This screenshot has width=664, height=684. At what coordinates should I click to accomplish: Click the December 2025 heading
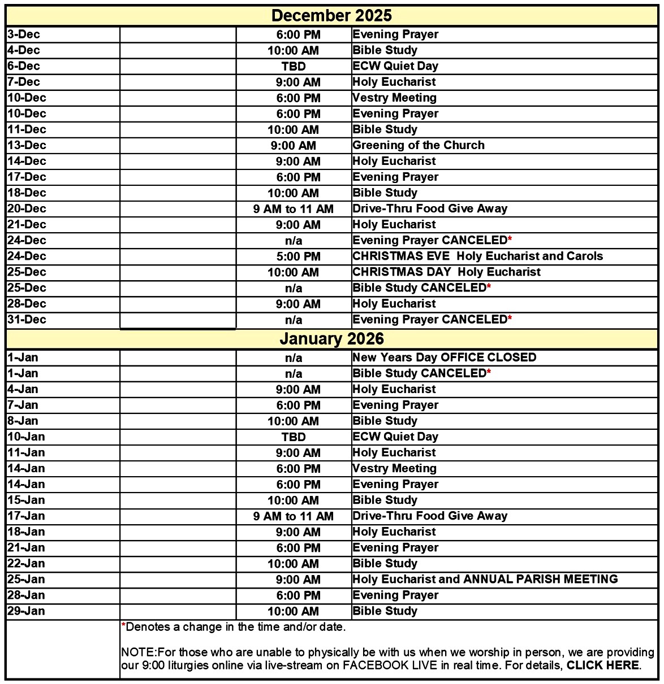point(331,15)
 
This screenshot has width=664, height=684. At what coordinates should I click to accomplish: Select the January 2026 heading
point(331,339)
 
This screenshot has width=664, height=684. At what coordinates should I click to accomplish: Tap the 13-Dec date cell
point(27,145)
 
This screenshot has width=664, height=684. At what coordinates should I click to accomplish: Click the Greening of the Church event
point(419,145)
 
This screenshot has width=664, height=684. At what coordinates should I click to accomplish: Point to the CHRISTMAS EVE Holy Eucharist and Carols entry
point(477,256)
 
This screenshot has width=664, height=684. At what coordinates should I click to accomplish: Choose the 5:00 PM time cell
point(298,256)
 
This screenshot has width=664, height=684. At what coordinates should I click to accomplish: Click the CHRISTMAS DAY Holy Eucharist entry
point(446,272)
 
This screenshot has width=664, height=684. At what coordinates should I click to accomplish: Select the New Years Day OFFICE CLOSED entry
point(444,358)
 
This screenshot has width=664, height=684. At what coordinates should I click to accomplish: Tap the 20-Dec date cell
point(27,208)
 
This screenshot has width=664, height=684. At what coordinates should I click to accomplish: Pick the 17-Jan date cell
point(26,516)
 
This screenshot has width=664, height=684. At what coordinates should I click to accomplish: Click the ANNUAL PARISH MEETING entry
point(540,579)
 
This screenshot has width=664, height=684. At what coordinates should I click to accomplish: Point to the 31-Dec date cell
point(27,319)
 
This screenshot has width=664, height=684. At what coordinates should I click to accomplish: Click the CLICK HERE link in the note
point(603,665)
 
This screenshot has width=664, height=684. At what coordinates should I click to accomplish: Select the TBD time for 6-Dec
point(294,66)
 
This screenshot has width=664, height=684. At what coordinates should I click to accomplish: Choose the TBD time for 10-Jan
point(294,437)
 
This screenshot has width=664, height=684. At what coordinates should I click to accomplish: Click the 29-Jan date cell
point(26,611)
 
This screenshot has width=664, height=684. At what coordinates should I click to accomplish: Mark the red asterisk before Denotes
point(123,626)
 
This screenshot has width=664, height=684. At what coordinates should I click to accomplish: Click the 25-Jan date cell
point(26,579)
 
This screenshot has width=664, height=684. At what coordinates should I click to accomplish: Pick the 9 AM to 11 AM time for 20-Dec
point(294,209)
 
